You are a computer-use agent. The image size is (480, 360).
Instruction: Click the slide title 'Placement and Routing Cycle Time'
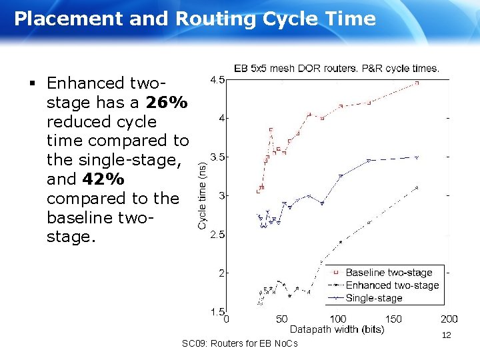click(195, 19)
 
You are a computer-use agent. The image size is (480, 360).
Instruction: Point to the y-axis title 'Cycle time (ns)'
click(203, 190)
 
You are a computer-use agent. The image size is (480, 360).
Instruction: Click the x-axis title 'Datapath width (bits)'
click(337, 329)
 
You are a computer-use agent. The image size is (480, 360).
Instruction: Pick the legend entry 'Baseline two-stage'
click(389, 273)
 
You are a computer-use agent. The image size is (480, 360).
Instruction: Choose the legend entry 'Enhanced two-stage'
click(392, 285)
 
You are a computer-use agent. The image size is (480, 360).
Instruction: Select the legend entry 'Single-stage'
click(374, 298)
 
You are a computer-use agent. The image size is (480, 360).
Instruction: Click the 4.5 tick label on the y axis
click(217, 80)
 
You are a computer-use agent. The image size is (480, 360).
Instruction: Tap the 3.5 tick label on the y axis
click(217, 157)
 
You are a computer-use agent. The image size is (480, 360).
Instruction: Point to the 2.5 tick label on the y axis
click(217, 235)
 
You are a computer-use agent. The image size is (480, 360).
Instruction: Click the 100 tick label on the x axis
click(338, 319)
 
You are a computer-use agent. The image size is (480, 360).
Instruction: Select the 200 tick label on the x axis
click(449, 319)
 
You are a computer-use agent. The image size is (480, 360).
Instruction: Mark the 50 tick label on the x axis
click(282, 319)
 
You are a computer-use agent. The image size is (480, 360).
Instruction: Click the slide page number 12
click(446, 335)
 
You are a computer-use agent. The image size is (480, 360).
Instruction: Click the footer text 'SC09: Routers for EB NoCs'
click(239, 343)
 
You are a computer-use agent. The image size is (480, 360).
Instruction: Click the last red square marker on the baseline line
click(417, 83)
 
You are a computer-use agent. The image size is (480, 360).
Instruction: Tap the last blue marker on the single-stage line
click(417, 157)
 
